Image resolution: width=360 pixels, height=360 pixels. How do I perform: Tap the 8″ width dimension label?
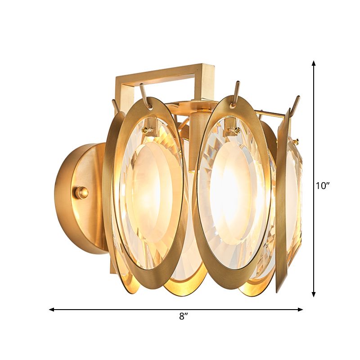click(x=182, y=316)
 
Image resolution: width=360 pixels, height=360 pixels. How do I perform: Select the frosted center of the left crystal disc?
click(x=148, y=189)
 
